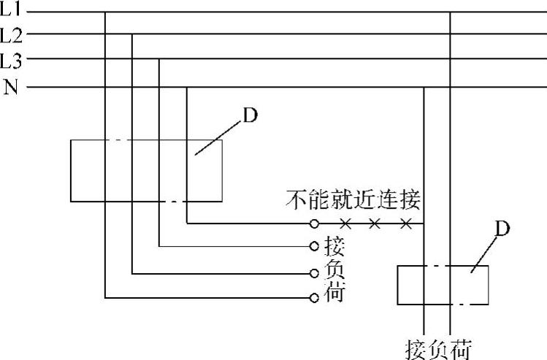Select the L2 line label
coord(12,34)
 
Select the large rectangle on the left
coord(146,170)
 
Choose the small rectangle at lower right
coord(443,286)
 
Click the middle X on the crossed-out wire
coord(375,222)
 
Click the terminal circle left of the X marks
coord(314,222)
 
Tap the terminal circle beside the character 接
coord(314,246)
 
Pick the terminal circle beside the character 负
coord(314,273)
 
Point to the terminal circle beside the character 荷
coord(314,298)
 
